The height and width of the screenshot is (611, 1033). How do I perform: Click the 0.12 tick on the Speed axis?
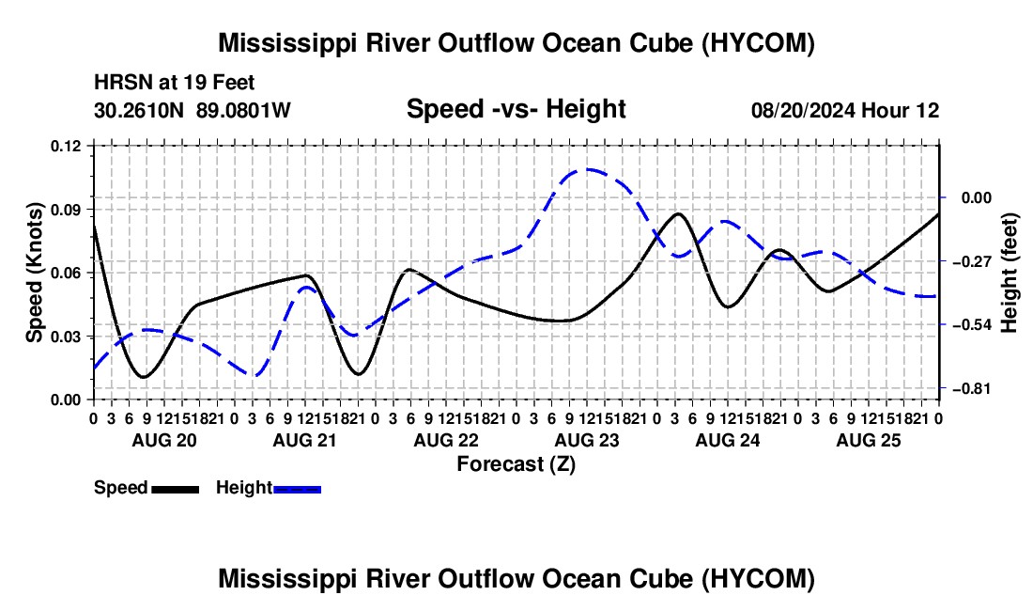(66, 146)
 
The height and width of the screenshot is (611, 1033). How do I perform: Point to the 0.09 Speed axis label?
(66, 210)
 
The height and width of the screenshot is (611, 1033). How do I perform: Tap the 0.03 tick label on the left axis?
(66, 337)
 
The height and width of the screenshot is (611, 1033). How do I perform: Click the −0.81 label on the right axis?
(972, 389)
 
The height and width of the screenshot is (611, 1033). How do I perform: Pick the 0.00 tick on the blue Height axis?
(977, 197)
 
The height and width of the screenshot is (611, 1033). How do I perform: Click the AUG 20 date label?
(164, 440)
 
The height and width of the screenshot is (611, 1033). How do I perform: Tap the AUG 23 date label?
(587, 440)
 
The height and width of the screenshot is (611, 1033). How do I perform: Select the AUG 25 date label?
(869, 440)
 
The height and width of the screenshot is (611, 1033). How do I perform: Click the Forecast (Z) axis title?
(516, 464)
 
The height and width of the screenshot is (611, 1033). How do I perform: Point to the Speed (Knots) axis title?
(34, 273)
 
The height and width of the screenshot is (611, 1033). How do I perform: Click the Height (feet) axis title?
(1009, 273)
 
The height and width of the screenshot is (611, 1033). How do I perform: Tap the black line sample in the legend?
(176, 489)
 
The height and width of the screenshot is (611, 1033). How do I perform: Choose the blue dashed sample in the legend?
(297, 489)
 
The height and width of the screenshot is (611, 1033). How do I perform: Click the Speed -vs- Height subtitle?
(516, 109)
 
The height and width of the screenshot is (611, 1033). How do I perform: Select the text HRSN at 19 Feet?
(175, 83)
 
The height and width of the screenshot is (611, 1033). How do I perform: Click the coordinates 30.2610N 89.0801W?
(193, 110)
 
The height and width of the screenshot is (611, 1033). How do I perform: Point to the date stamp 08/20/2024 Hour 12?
(845, 110)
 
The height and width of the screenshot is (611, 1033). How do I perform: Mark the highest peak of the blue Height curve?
(587, 169)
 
